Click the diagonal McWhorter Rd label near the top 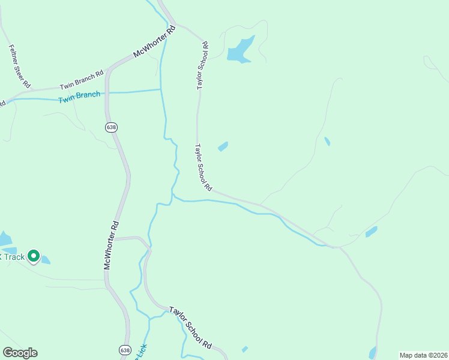154,42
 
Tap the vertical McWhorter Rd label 112,245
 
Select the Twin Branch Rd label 82,80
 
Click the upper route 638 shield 110,127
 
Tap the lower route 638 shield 124,350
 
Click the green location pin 34,256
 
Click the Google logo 20,353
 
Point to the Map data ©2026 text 423,355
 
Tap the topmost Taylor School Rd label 202,65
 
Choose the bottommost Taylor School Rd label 190,328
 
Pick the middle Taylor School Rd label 203,167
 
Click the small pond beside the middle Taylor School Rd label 223,146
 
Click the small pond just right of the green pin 46,260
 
